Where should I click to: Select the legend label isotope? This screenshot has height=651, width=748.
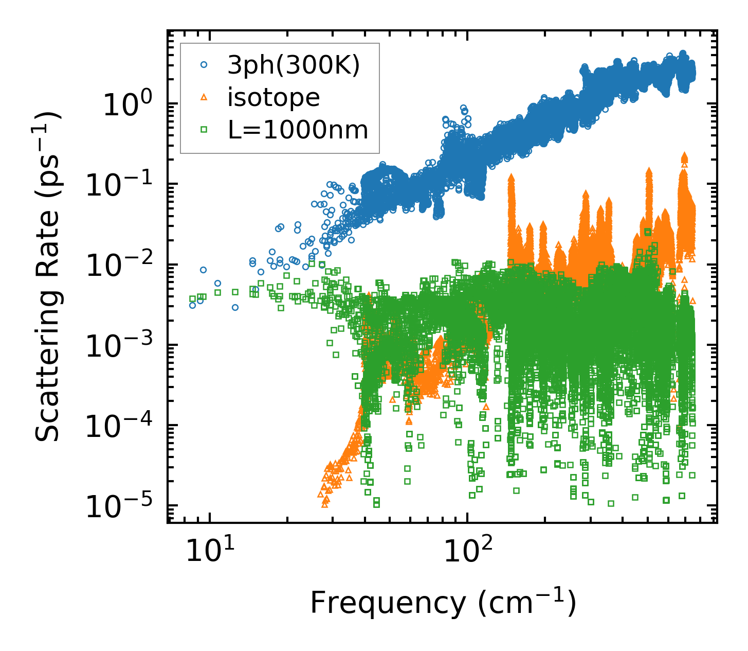pyautogui.click(x=273, y=97)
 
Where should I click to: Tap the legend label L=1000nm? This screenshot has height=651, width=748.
pyautogui.click(x=298, y=130)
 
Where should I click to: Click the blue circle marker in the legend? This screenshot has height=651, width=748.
pyautogui.click(x=204, y=65)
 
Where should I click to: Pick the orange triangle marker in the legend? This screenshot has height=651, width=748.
pyautogui.click(x=204, y=97)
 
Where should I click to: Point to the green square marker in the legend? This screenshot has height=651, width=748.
pyautogui.click(x=204, y=130)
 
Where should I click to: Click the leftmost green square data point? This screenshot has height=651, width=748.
pyautogui.click(x=192, y=299)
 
